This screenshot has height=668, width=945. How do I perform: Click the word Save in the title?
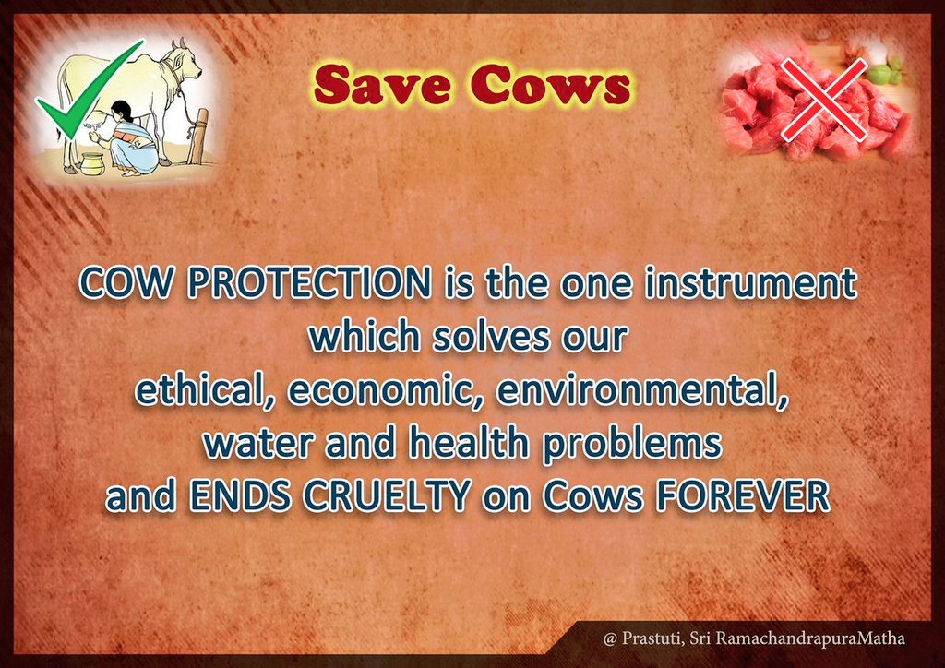(x=382, y=85)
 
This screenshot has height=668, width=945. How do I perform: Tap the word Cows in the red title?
(x=551, y=85)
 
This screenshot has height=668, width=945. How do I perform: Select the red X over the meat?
(x=824, y=100)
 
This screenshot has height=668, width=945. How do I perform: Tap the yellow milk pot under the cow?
(x=92, y=164)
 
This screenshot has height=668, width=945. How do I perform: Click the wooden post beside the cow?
(x=198, y=137)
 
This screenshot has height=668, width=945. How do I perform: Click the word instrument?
(x=751, y=282)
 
